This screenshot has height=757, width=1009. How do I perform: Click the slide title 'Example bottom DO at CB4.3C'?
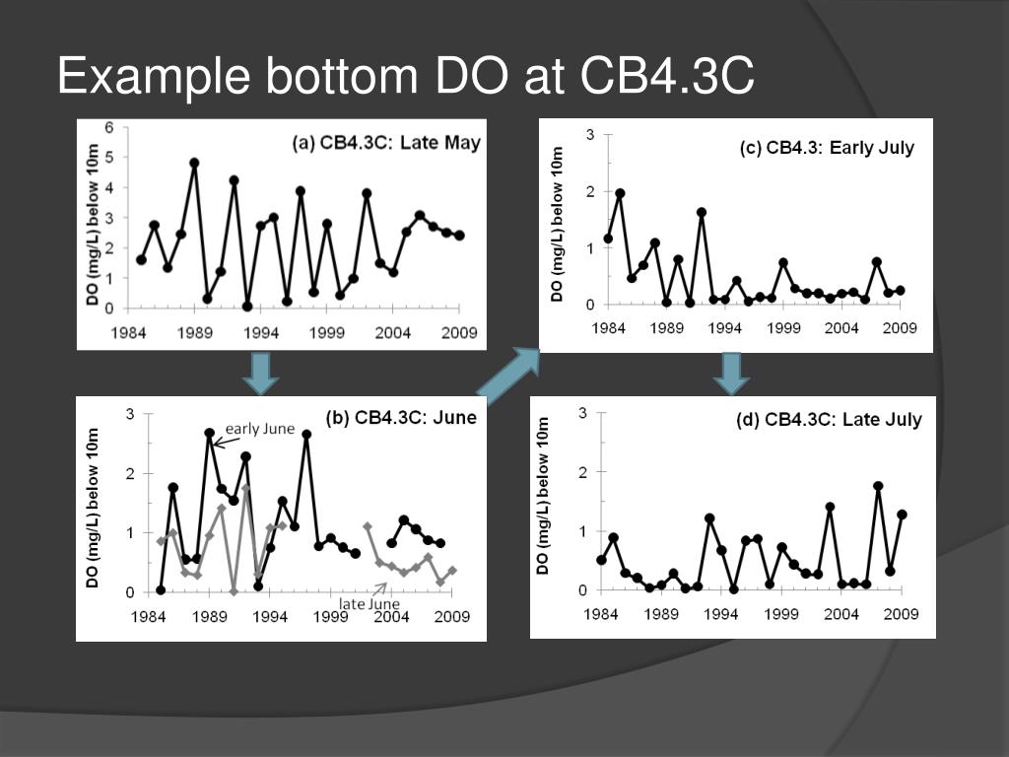click(405, 77)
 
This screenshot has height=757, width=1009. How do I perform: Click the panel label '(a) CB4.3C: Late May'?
click(386, 143)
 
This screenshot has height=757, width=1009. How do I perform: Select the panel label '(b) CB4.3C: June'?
click(401, 417)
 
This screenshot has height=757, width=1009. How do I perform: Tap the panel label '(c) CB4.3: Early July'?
click(827, 148)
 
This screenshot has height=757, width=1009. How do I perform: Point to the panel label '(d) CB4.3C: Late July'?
click(829, 420)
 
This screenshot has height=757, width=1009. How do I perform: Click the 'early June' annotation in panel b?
click(260, 429)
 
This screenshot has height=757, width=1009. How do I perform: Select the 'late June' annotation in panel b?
click(369, 603)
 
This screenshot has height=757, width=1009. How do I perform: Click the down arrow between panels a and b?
click(261, 372)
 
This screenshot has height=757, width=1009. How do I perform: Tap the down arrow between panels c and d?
click(731, 373)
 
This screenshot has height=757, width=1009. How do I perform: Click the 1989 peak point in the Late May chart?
click(194, 163)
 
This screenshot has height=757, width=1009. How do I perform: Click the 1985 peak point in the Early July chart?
click(620, 193)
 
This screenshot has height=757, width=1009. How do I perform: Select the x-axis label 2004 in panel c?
click(841, 327)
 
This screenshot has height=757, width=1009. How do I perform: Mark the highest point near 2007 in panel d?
click(878, 486)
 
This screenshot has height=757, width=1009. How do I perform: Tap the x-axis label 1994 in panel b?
click(270, 617)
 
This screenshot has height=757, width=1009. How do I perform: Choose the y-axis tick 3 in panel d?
click(583, 413)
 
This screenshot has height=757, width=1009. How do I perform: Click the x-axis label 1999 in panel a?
click(326, 333)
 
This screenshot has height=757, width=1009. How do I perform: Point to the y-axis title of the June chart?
click(93, 509)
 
